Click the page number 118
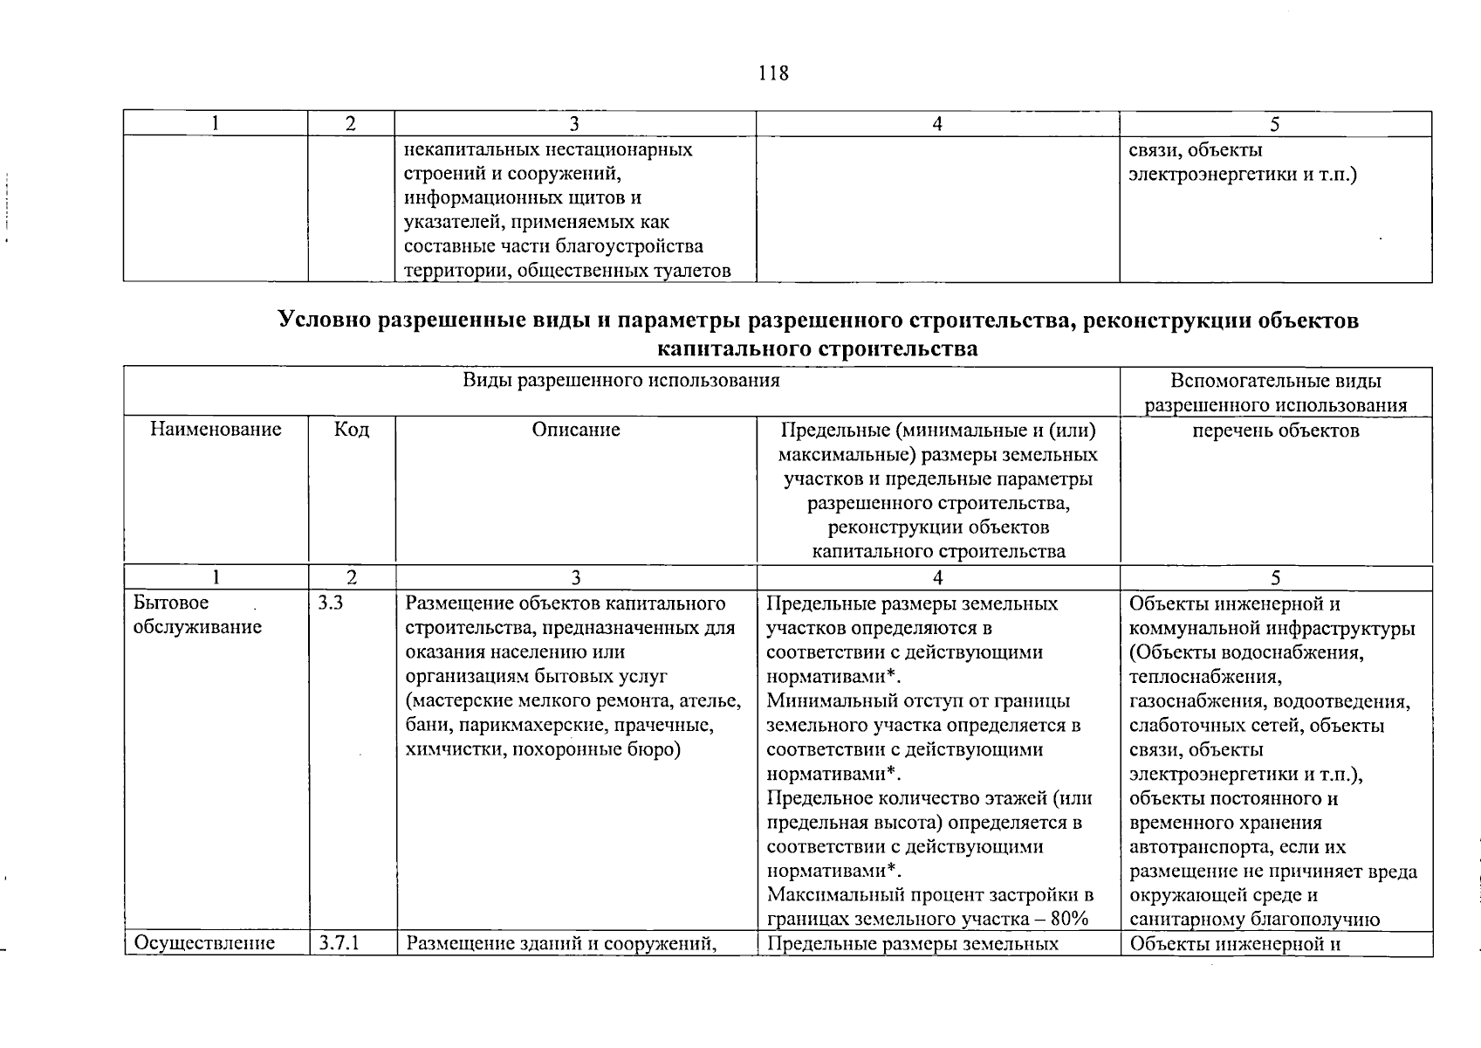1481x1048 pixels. [773, 73]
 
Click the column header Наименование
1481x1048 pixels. [216, 430]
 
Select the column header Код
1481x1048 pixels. [351, 430]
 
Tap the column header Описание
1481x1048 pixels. [575, 430]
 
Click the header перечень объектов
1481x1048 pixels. [1275, 431]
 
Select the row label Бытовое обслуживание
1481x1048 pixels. [197, 616]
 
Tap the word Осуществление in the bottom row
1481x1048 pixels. [202, 943]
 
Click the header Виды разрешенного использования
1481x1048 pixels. [621, 381]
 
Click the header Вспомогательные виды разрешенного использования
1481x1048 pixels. [1275, 393]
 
